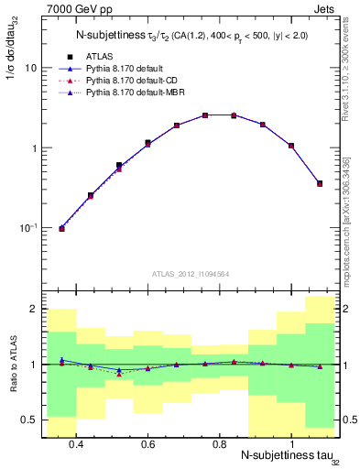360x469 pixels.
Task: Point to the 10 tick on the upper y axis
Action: [x=30, y=68]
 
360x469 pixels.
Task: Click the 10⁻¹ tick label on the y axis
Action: [x=27, y=227]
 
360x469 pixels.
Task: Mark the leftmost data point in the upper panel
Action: [x=61, y=228]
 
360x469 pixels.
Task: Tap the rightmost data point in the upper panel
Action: [x=320, y=183]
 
